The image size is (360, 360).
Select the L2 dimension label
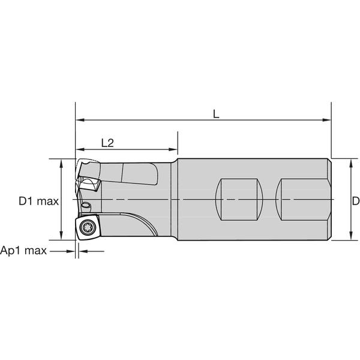(107, 143)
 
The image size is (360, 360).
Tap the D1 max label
(38, 201)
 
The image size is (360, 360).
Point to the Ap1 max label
(23, 251)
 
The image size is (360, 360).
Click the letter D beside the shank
(355, 201)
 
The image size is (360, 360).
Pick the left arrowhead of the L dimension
(79, 120)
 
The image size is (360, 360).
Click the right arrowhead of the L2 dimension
(174, 149)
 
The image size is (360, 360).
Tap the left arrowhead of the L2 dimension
(79, 149)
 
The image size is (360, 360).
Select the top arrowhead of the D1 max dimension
(62, 163)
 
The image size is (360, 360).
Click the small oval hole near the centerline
(86, 206)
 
